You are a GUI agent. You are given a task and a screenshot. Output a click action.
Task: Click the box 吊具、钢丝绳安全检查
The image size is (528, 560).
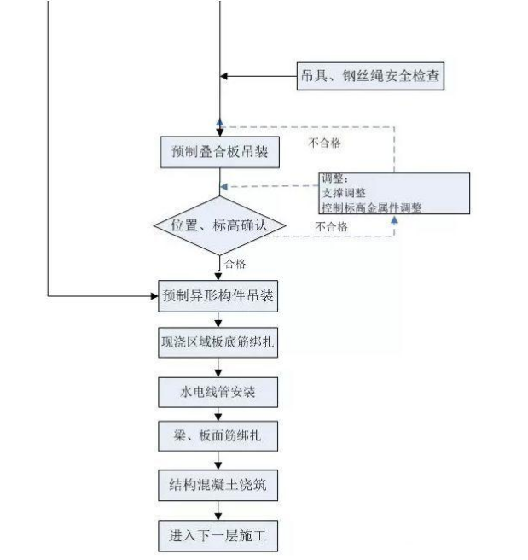370,76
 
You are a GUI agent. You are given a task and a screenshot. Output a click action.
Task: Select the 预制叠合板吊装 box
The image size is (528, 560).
220,152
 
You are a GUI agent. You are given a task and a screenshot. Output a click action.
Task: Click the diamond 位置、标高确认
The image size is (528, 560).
220,227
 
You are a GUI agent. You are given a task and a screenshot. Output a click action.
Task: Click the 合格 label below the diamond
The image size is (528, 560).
236,265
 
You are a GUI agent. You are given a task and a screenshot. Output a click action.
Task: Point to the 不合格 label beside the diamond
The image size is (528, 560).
331,227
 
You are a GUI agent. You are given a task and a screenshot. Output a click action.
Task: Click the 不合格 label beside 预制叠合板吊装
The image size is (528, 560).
324,143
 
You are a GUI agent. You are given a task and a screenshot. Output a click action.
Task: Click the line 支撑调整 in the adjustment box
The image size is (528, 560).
343,193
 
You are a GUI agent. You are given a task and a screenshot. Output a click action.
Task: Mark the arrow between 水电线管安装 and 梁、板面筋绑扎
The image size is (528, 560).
220,414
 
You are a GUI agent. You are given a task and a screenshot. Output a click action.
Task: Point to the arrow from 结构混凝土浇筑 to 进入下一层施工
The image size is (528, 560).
220,510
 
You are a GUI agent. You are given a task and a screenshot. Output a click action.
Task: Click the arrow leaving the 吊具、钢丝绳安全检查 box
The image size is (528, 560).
256,76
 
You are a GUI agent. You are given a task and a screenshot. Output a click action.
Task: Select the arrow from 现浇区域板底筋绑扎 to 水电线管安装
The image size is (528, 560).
220,367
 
